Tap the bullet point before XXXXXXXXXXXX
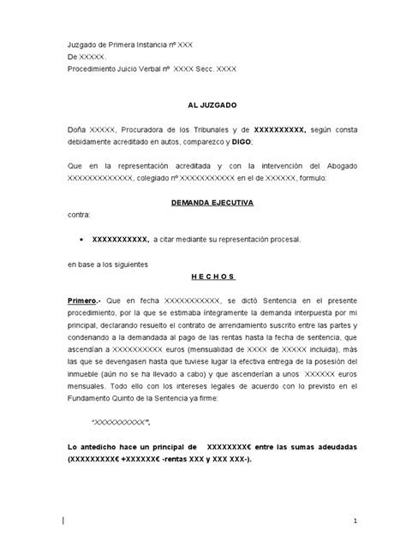pos(80,240)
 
